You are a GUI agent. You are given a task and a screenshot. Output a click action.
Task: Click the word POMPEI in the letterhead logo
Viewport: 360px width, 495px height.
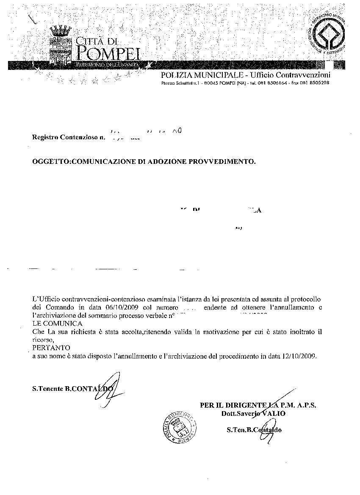click(108, 53)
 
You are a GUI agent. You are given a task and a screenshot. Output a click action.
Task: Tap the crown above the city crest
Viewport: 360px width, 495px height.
click(60, 30)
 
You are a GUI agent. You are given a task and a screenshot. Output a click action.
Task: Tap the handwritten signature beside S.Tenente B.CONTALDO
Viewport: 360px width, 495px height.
click(107, 387)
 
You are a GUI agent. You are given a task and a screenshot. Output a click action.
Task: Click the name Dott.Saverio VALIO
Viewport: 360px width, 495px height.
click(253, 413)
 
